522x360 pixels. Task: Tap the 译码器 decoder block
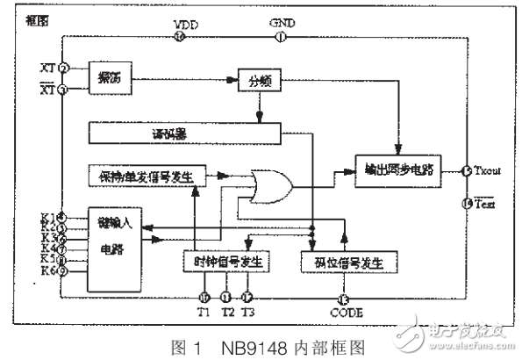point(183,133)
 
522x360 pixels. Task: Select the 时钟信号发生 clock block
point(227,262)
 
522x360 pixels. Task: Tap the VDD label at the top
point(186,23)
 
